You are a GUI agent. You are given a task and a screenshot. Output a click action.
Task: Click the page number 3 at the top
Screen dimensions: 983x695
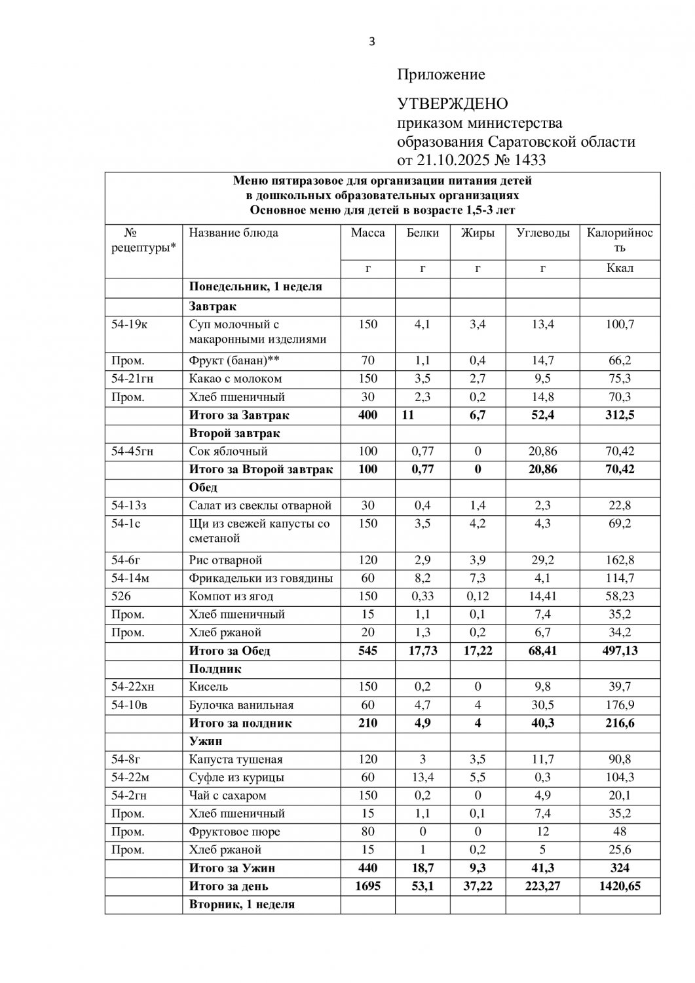372,42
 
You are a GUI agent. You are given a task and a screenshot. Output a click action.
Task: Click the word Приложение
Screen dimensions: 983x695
441,75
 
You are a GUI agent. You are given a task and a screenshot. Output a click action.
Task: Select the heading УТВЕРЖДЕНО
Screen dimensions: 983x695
453,104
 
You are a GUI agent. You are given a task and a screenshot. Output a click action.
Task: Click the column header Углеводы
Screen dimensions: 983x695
542,233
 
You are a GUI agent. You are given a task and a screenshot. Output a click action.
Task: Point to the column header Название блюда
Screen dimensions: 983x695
233,233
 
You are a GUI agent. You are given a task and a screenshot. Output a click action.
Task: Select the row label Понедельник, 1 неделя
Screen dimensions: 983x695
255,287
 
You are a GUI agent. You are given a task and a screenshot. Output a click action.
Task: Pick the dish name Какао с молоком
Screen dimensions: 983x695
235,379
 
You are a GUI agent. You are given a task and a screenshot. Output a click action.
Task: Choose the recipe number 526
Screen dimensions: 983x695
121,596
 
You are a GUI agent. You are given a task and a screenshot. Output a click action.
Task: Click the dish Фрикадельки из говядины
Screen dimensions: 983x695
261,578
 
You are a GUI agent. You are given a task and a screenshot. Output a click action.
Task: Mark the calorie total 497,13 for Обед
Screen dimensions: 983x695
619,651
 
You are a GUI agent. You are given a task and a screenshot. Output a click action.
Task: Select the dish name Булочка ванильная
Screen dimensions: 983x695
241,705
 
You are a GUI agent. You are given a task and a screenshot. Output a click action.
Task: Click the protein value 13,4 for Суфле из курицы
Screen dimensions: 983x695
423,778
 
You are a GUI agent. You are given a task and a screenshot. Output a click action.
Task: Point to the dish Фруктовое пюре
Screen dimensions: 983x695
234,832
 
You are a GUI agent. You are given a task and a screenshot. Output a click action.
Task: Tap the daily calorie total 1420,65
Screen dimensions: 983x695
619,887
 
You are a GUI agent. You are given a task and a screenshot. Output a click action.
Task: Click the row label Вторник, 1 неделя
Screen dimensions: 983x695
242,904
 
